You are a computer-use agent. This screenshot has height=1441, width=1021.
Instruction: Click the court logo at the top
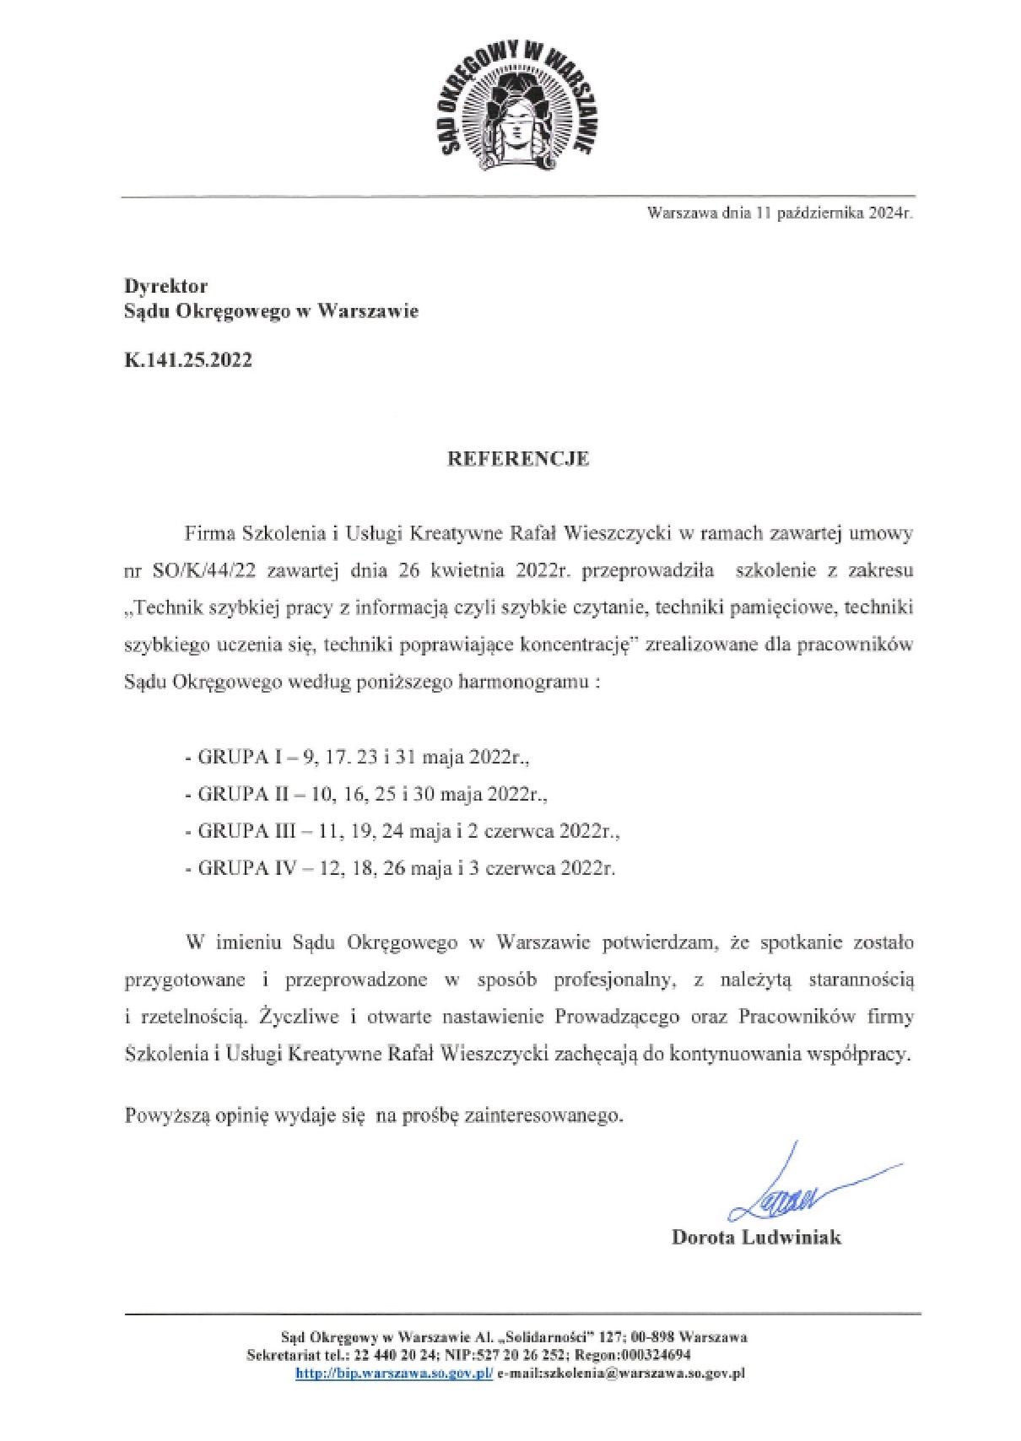click(x=515, y=102)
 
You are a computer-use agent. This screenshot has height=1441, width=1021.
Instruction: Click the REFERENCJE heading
click(x=517, y=460)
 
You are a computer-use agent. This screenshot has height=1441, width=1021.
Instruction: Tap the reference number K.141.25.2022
click(x=188, y=360)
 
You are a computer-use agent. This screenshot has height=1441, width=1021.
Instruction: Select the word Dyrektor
click(x=166, y=286)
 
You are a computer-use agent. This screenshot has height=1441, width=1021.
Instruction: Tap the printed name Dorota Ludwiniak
click(x=756, y=1239)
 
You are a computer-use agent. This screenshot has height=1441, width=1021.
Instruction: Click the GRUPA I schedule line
click(x=357, y=758)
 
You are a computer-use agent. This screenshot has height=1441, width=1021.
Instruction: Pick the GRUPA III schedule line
click(x=402, y=832)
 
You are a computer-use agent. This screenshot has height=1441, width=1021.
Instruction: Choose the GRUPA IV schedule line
click(x=399, y=868)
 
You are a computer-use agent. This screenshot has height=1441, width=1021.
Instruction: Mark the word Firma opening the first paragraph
click(x=209, y=534)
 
